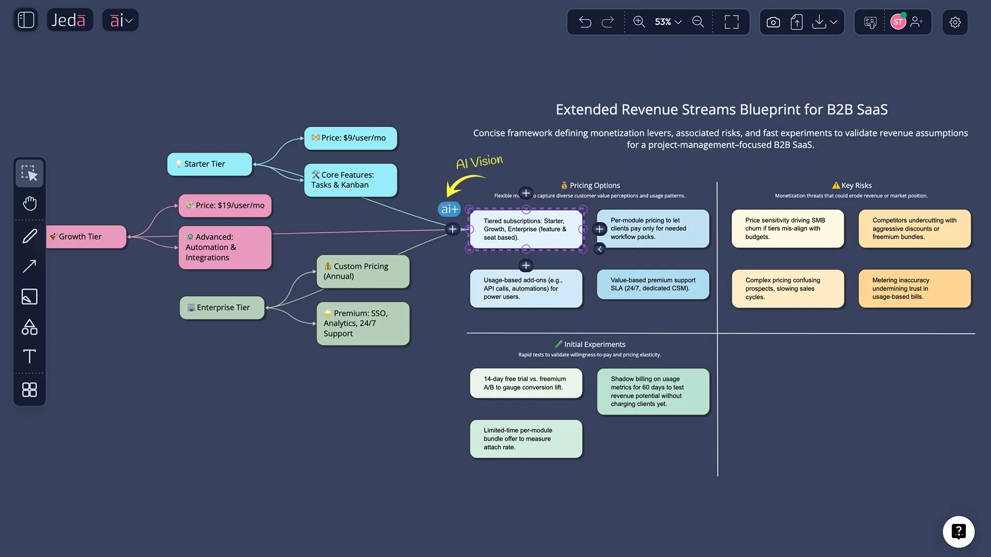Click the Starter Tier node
tap(210, 164)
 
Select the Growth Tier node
tap(86, 237)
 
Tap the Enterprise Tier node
tap(222, 307)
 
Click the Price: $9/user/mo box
tap(350, 138)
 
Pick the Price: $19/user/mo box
tap(225, 206)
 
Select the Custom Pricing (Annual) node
tap(363, 271)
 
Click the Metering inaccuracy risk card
tap(914, 288)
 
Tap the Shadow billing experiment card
tap(653, 391)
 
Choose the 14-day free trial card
tap(525, 383)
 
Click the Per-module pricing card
tap(653, 228)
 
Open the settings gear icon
tap(955, 22)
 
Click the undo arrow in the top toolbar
tap(585, 22)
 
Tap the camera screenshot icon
tap(773, 22)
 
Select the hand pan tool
tap(29, 203)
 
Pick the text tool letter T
tap(29, 357)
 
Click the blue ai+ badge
tap(449, 209)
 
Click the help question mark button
tap(958, 532)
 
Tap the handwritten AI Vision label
tap(479, 162)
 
